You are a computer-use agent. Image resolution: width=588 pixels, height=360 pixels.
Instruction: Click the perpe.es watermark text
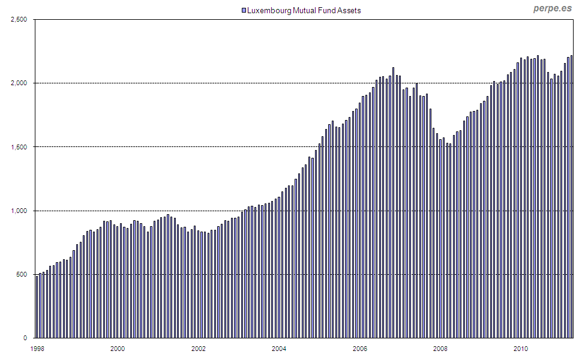coord(553,8)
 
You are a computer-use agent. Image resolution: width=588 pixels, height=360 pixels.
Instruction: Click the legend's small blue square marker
coord(244,11)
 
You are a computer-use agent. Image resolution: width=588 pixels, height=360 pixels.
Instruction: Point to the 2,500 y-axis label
coord(20,19)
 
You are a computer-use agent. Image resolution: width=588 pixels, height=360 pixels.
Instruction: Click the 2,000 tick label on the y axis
coord(20,83)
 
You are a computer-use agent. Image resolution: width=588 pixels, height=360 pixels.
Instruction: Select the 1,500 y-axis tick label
coord(20,147)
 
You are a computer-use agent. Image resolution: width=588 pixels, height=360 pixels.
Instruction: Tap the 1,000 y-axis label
coord(20,211)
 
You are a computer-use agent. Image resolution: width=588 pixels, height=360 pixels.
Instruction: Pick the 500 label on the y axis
coord(23,274)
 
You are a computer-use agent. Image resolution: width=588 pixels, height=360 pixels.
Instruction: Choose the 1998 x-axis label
coord(37,348)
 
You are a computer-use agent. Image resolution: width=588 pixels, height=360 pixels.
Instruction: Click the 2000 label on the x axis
coord(118,348)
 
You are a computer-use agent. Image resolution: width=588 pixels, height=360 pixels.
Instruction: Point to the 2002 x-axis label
coord(199,348)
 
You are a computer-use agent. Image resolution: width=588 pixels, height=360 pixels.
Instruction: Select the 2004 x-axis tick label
coord(279,348)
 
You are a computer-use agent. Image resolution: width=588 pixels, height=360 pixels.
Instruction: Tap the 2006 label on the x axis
coord(360,348)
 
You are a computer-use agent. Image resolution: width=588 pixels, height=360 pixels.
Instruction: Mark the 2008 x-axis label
coord(440,348)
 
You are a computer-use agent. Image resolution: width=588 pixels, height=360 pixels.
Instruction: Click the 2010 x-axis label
coord(521,348)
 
